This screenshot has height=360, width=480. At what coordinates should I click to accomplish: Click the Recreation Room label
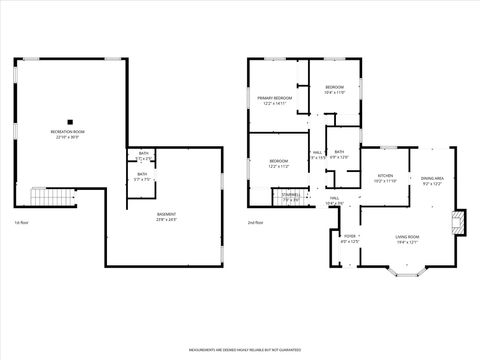click(68, 131)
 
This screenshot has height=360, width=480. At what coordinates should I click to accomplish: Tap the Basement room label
click(167, 214)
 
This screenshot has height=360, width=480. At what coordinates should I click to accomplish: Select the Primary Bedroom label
click(274, 98)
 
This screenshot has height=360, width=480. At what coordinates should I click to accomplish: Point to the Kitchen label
click(385, 176)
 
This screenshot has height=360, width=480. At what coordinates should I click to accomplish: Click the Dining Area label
click(433, 177)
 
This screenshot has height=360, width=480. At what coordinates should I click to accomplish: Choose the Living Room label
click(407, 237)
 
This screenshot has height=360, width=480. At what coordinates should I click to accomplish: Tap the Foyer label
click(349, 237)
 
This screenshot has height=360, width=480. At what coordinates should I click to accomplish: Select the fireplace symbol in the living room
click(459, 222)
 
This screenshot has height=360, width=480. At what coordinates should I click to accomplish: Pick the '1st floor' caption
click(21, 222)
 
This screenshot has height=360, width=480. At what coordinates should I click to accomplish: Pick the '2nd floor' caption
click(255, 222)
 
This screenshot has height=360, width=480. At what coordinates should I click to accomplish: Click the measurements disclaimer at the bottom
click(240, 351)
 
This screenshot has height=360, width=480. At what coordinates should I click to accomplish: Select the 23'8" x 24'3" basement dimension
click(167, 220)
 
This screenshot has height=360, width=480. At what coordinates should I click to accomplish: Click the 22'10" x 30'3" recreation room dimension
click(68, 137)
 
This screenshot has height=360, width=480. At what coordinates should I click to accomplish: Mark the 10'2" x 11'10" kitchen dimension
click(385, 182)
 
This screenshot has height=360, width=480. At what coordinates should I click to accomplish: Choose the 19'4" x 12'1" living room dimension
click(407, 243)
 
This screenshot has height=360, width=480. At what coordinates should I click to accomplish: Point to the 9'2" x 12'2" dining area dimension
click(433, 183)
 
